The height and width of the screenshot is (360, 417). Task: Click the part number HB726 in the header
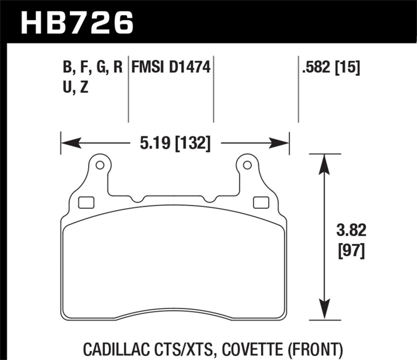pos(77,22)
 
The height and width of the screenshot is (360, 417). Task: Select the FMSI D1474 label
pos(171,68)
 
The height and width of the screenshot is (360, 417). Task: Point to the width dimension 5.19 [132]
pos(174,142)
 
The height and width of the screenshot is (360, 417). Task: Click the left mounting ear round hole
pos(100,166)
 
